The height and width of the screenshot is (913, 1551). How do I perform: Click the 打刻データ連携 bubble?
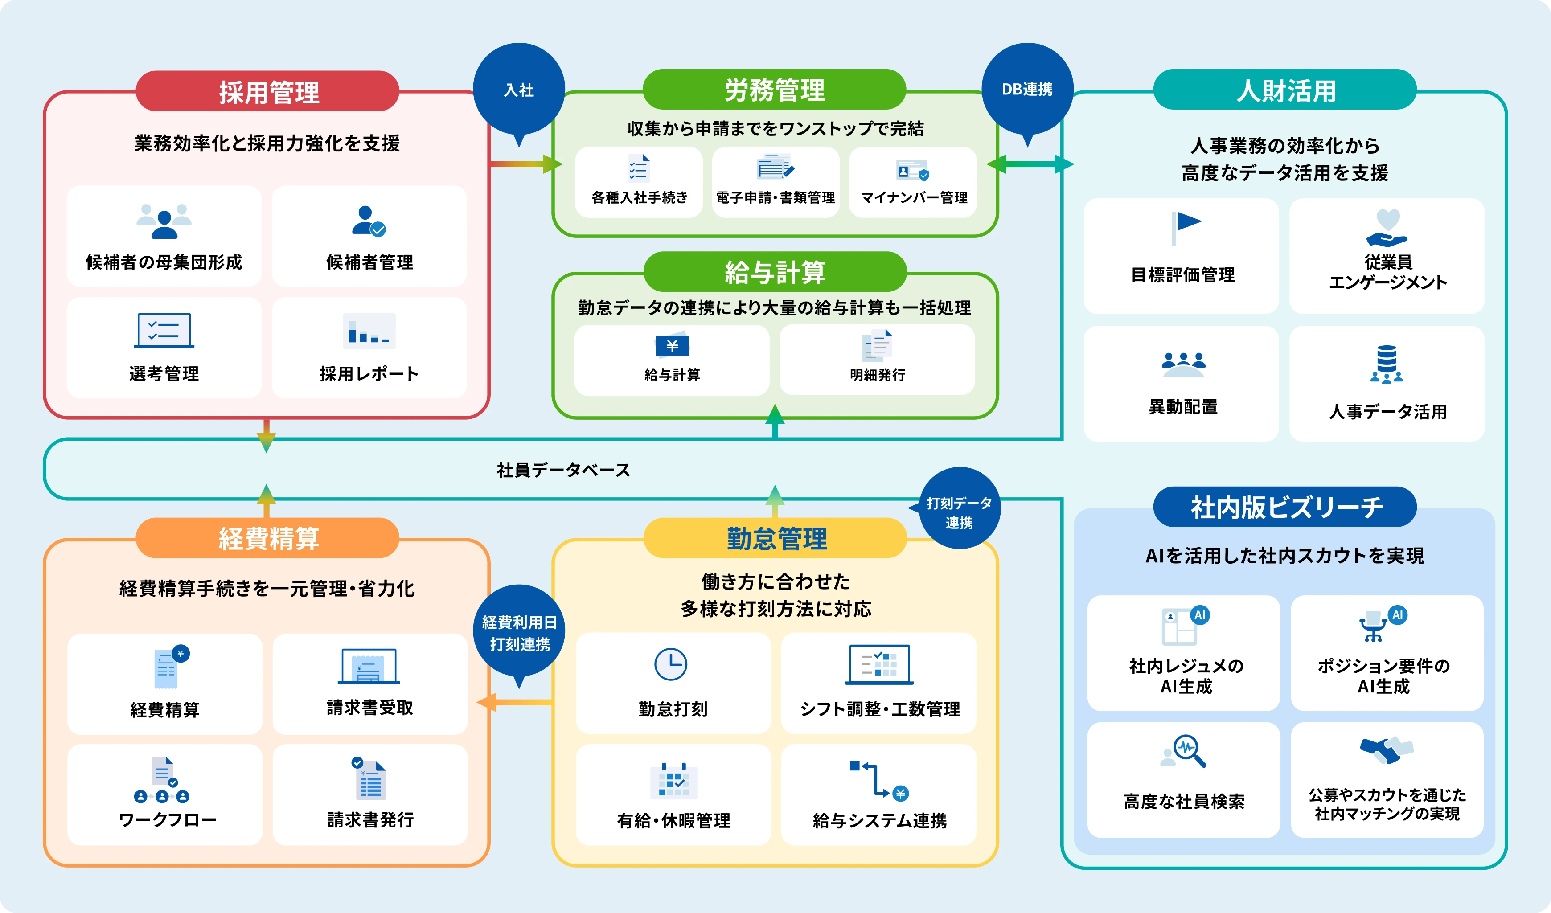pos(960,512)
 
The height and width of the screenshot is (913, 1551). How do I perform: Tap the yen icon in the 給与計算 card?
pos(672,345)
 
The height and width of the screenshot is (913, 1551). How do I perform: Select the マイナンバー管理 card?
pos(913,181)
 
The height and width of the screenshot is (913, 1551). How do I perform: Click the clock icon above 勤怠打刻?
pos(670,664)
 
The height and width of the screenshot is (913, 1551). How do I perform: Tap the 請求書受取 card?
pos(369,684)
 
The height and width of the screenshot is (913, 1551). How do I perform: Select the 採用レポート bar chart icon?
pos(369,332)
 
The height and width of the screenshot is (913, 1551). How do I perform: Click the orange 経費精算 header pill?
pos(268,538)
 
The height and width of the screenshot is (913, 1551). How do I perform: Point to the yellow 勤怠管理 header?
pos(775,538)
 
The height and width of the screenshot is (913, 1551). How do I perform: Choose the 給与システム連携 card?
pos(879,794)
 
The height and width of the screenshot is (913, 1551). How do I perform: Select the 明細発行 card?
pos(877,360)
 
